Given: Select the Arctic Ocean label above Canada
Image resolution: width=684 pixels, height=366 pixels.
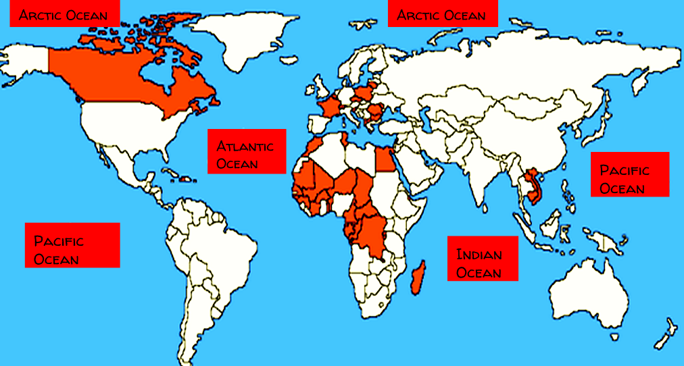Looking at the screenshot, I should [64, 14].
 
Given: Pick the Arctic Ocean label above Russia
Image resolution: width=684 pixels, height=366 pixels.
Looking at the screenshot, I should [442, 14].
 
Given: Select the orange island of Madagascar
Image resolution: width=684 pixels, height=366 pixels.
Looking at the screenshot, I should [418, 277].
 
